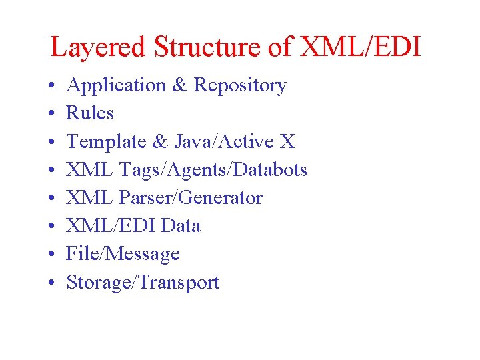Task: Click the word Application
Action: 117,85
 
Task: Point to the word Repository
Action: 240,85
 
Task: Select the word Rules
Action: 90,113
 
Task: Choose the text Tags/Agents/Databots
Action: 213,170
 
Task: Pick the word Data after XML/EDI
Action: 181,226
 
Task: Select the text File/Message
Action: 123,254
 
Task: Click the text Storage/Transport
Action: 143,282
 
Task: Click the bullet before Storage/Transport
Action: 51,283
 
